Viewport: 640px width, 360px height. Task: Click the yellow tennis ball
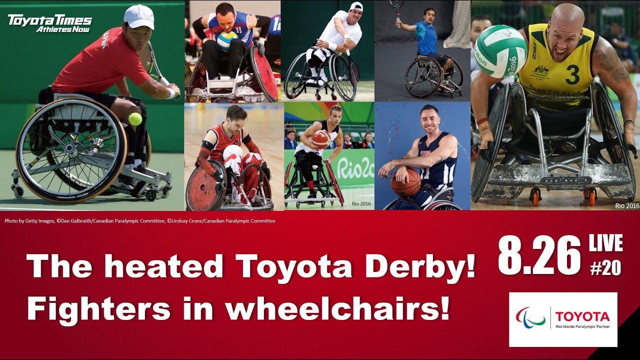pos(135,118)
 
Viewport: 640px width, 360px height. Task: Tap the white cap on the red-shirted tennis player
pos(138,16)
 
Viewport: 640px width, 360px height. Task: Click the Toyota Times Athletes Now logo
pos(50,23)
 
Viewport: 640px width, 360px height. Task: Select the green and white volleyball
pos(500,51)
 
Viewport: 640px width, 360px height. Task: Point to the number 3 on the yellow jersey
pos(572,74)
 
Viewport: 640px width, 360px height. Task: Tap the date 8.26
pos(539,256)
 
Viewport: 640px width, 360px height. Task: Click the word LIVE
pos(605,243)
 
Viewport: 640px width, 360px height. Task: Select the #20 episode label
pos(605,268)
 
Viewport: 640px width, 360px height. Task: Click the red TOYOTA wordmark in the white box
pos(582,316)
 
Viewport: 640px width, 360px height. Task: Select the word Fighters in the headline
pos(98,308)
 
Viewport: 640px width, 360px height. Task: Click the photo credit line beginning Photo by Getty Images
pos(140,220)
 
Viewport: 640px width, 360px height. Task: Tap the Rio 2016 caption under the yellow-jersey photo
pos(627,205)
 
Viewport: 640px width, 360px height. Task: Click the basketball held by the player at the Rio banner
pos(321,138)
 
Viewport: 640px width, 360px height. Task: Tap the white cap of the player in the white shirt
pos(356,6)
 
